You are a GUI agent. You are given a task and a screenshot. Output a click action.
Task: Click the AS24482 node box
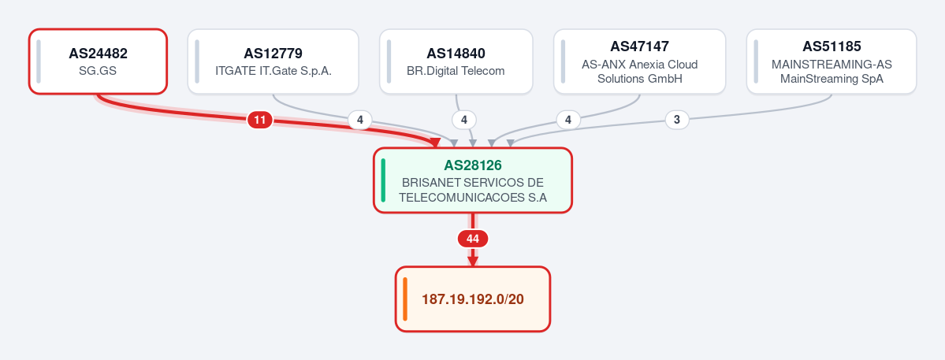click(98, 61)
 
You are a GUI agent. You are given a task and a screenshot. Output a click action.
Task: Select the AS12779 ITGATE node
click(273, 61)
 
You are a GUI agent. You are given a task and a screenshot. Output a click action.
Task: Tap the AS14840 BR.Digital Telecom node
click(456, 61)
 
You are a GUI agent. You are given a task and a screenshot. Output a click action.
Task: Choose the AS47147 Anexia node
click(639, 61)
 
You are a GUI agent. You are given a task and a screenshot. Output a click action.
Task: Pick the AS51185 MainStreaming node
click(832, 61)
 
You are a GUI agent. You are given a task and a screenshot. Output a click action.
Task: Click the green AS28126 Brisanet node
click(473, 180)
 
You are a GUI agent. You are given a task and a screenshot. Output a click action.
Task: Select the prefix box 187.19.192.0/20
click(473, 299)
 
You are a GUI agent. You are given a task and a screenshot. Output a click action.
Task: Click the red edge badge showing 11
click(260, 121)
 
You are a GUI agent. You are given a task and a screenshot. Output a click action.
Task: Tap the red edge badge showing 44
click(473, 239)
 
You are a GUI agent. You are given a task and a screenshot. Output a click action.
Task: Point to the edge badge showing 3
click(677, 121)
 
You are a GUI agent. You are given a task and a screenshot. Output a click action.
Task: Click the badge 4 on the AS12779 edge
click(360, 121)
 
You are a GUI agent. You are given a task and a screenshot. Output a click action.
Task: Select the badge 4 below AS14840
click(463, 121)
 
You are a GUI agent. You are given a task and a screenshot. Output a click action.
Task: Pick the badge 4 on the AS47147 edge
click(567, 121)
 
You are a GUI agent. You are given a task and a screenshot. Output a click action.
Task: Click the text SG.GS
click(98, 70)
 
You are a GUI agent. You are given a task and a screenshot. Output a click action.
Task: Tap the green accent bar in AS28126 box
click(383, 180)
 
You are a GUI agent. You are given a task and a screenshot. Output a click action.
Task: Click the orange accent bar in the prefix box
click(405, 299)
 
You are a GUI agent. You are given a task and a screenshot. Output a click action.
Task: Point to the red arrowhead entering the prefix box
click(473, 262)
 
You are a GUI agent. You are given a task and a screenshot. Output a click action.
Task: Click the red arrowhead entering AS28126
click(435, 143)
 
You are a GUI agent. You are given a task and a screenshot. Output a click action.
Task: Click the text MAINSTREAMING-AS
click(832, 64)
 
